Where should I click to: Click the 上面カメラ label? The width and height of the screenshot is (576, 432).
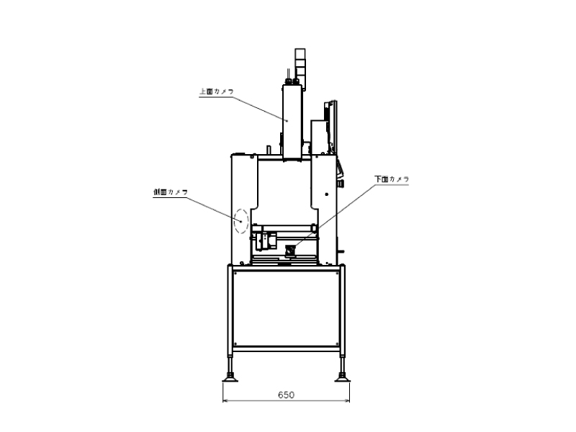pyautogui.click(x=217, y=91)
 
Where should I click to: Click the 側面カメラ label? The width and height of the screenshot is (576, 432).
pyautogui.click(x=171, y=192)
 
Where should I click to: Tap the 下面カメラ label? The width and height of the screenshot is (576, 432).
pyautogui.click(x=392, y=179)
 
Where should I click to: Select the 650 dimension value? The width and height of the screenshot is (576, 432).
pyautogui.click(x=286, y=395)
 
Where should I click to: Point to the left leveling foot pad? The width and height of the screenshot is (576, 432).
pyautogui.click(x=230, y=379)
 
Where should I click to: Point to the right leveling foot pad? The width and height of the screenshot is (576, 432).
pyautogui.click(x=343, y=379)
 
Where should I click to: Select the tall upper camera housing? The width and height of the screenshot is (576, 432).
pyautogui.click(x=292, y=122)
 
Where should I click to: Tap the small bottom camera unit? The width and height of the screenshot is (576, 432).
pyautogui.click(x=291, y=251)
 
